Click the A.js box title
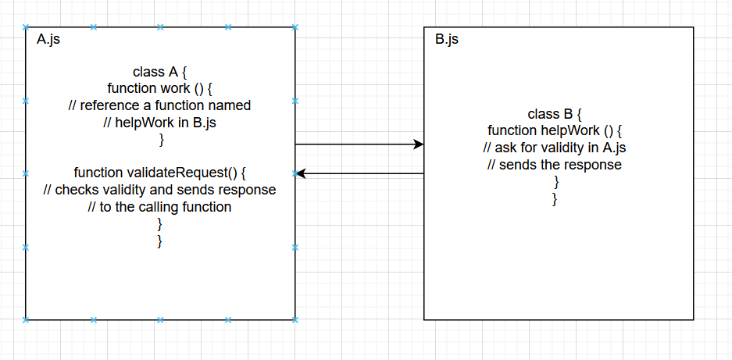[48, 39]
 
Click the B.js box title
[447, 39]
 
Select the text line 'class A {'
[160, 73]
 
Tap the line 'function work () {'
[160, 88]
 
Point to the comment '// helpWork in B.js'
[160, 123]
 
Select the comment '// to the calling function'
[160, 207]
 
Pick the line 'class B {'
[555, 114]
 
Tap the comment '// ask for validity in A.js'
[555, 148]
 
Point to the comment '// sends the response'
[555, 165]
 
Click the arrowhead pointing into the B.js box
[419, 144]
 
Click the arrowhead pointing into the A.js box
[301, 173]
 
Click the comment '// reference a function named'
[160, 105]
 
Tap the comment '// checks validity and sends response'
[160, 190]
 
